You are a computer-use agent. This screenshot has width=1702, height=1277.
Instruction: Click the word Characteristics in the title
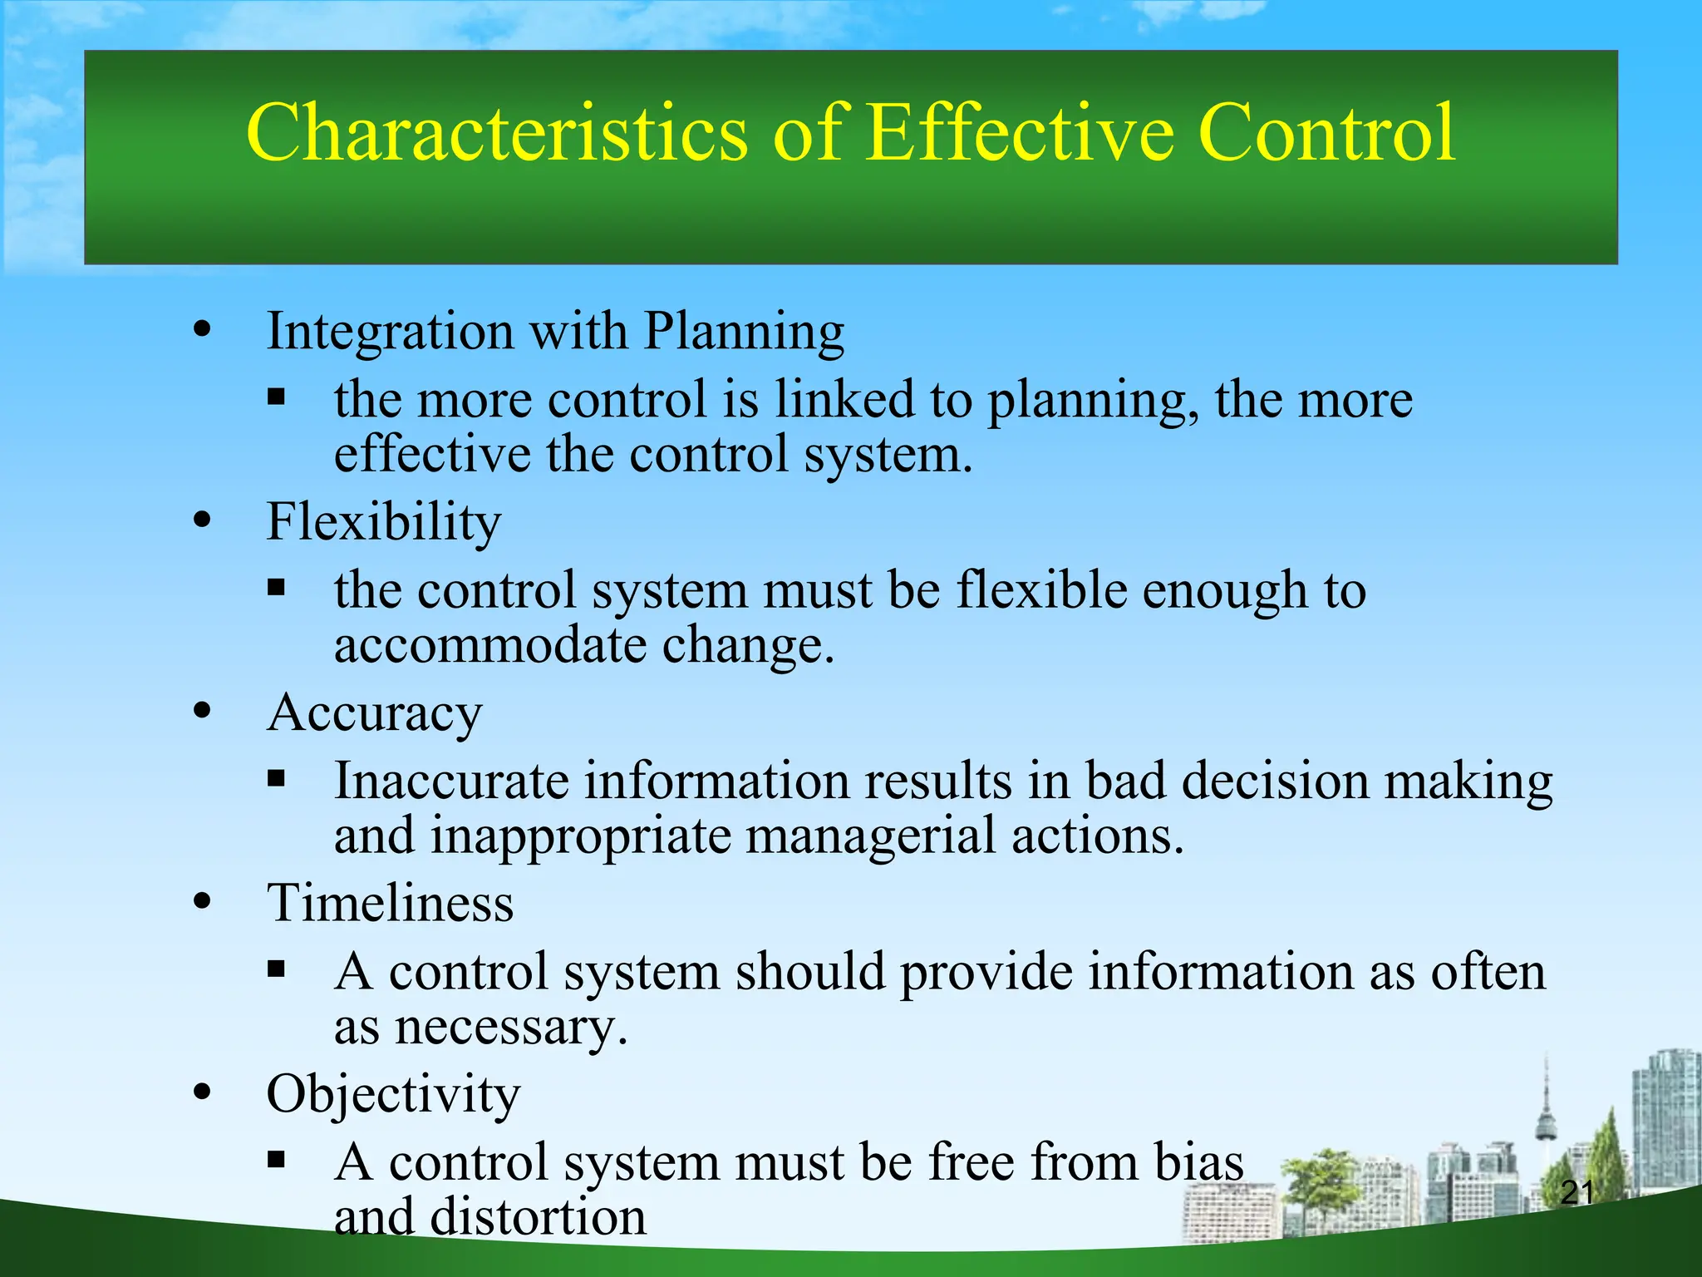pyautogui.click(x=496, y=133)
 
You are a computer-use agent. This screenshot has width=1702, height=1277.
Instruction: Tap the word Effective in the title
pyautogui.click(x=1020, y=133)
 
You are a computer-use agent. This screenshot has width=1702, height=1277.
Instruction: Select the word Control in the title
pyautogui.click(x=1326, y=133)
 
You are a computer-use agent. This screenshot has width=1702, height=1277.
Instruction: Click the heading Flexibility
pyautogui.click(x=383, y=522)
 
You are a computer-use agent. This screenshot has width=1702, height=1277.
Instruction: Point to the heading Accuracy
pyautogui.click(x=374, y=713)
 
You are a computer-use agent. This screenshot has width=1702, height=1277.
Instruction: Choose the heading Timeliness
pyautogui.click(x=390, y=903)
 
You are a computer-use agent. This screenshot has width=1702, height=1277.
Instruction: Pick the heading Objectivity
pyautogui.click(x=392, y=1094)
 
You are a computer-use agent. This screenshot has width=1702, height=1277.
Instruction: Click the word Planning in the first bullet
pyautogui.click(x=744, y=332)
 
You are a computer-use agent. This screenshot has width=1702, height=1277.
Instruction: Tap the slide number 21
pyautogui.click(x=1577, y=1193)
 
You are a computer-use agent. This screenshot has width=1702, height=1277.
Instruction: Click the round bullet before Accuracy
pyautogui.click(x=202, y=711)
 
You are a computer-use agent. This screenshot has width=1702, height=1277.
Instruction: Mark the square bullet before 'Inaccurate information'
pyautogui.click(x=277, y=779)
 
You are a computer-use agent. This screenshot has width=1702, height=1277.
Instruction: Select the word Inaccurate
pyautogui.click(x=450, y=781)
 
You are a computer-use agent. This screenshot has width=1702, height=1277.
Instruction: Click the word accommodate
pyautogui.click(x=489, y=644)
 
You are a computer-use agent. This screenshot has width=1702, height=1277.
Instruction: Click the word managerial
pyautogui.click(x=870, y=836)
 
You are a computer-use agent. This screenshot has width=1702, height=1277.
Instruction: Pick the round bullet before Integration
pyautogui.click(x=202, y=329)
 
